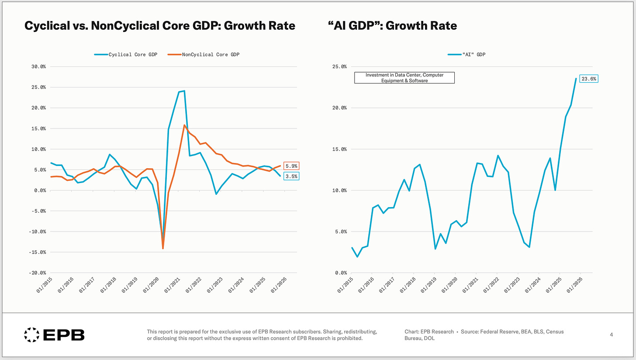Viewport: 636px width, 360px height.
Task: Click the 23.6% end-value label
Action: [x=588, y=79]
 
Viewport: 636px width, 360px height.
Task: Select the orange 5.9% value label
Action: [x=291, y=166]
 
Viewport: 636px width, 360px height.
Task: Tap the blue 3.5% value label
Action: [x=291, y=176]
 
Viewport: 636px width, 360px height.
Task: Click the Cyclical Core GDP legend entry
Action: [x=126, y=54]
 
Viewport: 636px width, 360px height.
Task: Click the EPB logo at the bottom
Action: [x=54, y=335]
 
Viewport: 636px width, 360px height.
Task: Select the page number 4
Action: [x=611, y=335]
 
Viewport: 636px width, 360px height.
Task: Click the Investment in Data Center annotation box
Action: [x=404, y=78]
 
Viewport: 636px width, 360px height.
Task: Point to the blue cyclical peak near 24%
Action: [x=184, y=91]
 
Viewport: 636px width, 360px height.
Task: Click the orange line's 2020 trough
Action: [x=163, y=249]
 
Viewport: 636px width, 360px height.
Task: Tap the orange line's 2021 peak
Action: [x=184, y=125]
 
